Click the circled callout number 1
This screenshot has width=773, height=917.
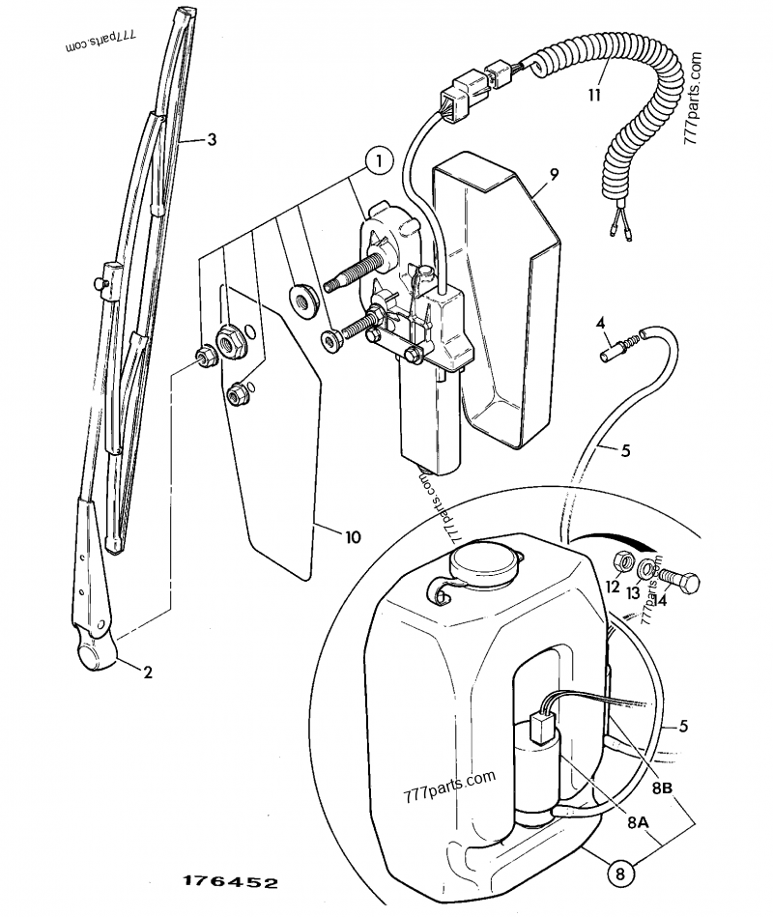(x=380, y=162)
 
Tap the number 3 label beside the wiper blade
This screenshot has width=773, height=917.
(x=211, y=140)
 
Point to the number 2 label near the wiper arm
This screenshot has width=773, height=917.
(x=148, y=673)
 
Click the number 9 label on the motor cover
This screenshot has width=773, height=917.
(x=555, y=174)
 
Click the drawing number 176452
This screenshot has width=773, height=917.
(x=230, y=883)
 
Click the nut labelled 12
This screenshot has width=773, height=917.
(x=624, y=561)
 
